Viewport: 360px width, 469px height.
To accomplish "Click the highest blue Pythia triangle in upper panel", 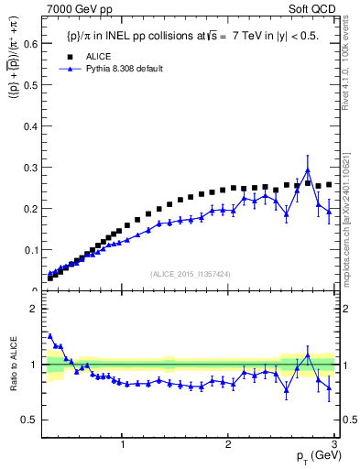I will (x=308, y=170).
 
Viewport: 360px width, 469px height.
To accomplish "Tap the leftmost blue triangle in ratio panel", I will (x=49, y=335).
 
